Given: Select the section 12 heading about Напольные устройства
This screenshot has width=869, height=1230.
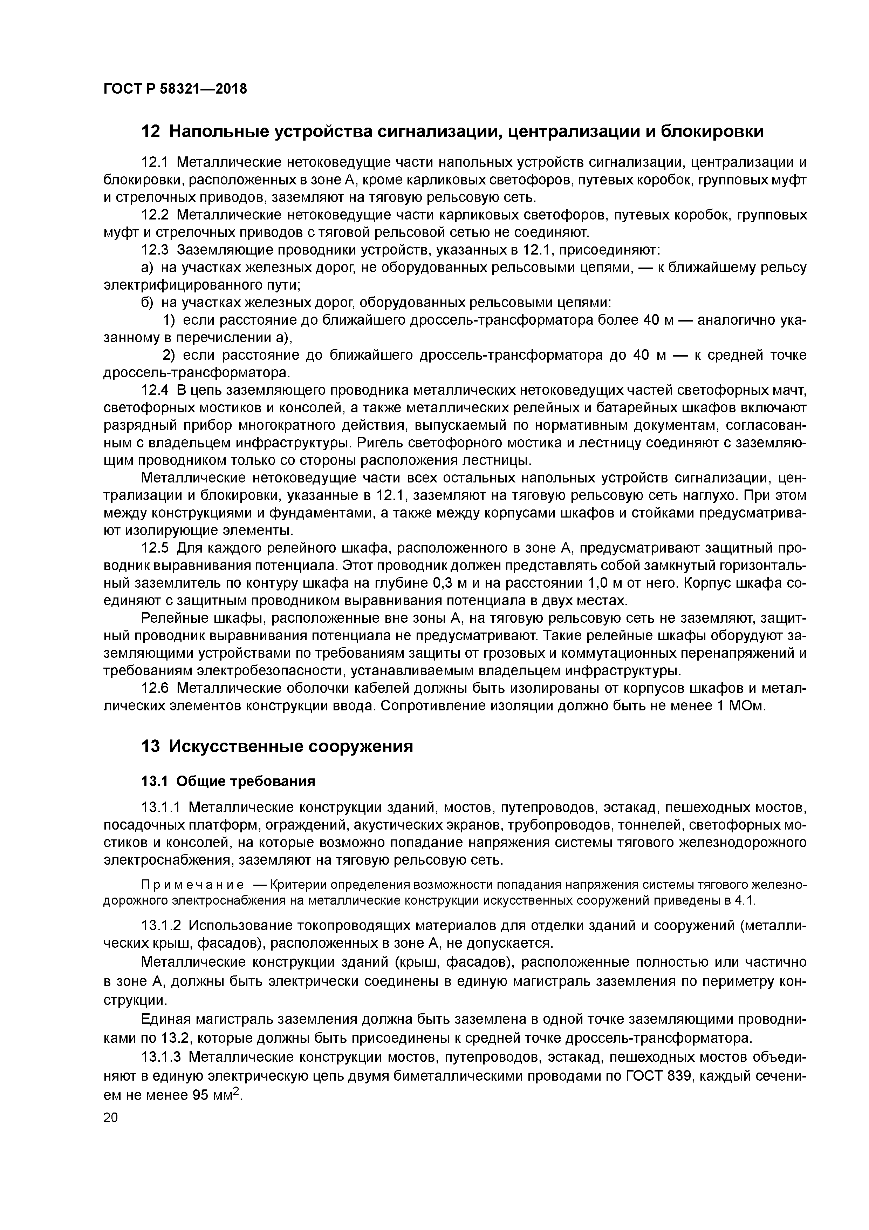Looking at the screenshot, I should [x=452, y=131].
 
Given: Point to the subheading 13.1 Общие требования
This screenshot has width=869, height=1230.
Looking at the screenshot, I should [x=227, y=782].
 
